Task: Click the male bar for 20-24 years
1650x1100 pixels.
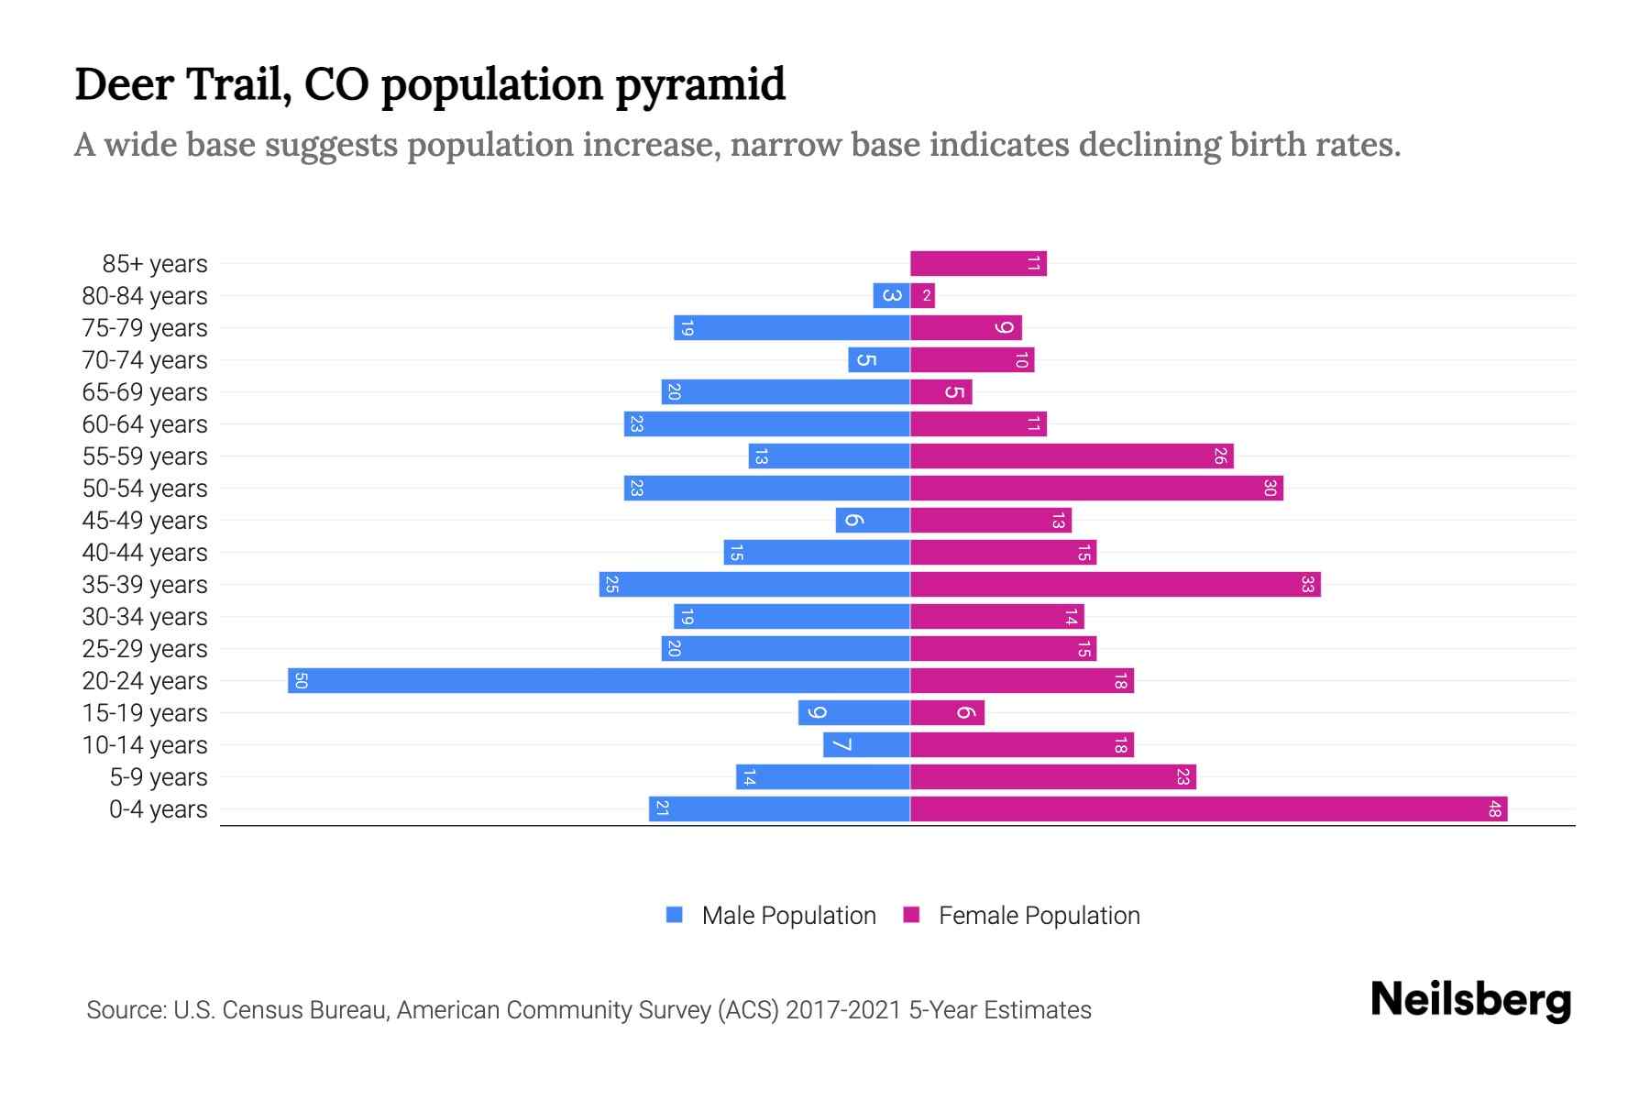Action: [599, 681]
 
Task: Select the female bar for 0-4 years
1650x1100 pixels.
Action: [1208, 809]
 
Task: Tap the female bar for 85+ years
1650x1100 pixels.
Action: [978, 264]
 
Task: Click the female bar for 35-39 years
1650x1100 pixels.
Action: [1115, 585]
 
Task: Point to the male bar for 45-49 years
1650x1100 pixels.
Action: [873, 521]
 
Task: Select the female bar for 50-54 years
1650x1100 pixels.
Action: [1096, 489]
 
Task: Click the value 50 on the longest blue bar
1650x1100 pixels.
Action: [301, 681]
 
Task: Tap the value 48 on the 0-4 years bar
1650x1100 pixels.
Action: [1494, 809]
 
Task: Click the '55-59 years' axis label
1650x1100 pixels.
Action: [145, 456]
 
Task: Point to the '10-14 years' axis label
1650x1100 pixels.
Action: [145, 745]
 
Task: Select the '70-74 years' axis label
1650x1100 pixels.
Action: [145, 360]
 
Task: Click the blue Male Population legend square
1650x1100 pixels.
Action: [675, 915]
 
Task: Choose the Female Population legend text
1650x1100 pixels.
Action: [1039, 916]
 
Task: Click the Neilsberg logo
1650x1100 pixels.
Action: [1470, 1000]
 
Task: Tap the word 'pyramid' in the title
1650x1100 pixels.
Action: [699, 85]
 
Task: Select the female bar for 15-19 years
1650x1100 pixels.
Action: [947, 713]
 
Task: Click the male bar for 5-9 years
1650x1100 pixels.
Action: [822, 777]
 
